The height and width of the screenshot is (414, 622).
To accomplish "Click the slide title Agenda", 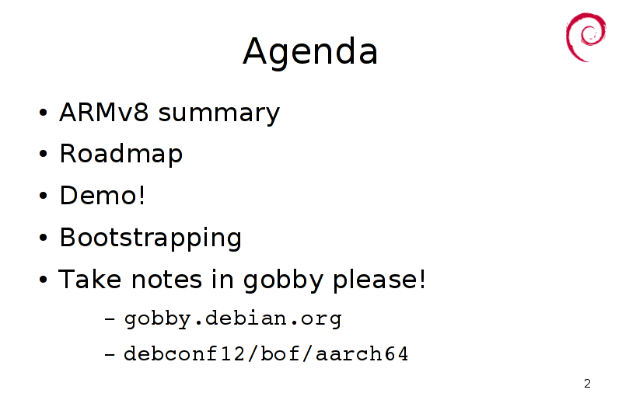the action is coord(309,52).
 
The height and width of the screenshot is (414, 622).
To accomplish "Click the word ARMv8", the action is coord(104,112).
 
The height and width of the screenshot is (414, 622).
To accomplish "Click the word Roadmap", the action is coord(121,154).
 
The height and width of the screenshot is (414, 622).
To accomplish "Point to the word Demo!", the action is coord(103,195).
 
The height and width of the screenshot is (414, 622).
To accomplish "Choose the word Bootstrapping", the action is coord(150,238).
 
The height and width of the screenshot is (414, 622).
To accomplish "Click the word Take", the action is coord(89,279).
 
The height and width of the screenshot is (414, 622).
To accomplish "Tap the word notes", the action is coord(166,280).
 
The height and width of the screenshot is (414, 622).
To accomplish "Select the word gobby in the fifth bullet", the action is coord(283,281).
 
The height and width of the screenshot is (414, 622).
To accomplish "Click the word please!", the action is coord(379,281).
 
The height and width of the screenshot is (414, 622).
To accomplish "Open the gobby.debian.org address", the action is coord(232,319).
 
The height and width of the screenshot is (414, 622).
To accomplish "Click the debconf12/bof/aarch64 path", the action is coord(266,353).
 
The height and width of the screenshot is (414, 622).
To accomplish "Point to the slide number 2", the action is coord(588,384).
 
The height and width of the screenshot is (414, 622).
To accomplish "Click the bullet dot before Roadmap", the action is coord(44,154).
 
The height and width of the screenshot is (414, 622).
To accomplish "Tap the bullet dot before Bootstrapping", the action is coord(44,238).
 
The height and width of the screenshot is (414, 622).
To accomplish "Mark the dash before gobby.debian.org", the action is coord(110,318).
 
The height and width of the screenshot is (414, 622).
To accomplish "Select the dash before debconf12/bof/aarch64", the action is coord(110,354).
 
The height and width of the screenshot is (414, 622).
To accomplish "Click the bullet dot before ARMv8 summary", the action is coord(44,113).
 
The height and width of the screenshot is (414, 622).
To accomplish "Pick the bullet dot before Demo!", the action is coord(44,196).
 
